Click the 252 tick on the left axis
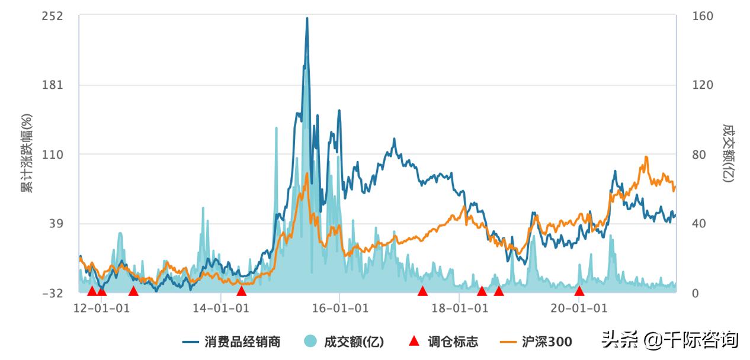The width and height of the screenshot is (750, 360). pos(53,16)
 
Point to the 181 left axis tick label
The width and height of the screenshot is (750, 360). pos(53,85)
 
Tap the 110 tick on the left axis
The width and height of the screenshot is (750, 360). pos(53,155)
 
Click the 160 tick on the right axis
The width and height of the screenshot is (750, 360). pos(703,16)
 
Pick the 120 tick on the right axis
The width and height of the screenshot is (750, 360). pos(703,85)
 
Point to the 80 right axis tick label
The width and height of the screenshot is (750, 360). pos(700,155)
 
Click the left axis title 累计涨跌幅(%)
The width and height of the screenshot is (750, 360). pos(25,154)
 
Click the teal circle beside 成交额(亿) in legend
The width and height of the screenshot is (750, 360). pos(310,342)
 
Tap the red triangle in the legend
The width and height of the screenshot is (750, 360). pos(415,342)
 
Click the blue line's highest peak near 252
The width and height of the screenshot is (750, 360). pos(307,18)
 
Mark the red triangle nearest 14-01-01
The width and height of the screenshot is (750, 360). pos(241,291)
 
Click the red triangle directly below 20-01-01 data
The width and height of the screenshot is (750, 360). pos(579,291)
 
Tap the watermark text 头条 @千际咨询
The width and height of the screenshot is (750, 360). pos(669,340)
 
